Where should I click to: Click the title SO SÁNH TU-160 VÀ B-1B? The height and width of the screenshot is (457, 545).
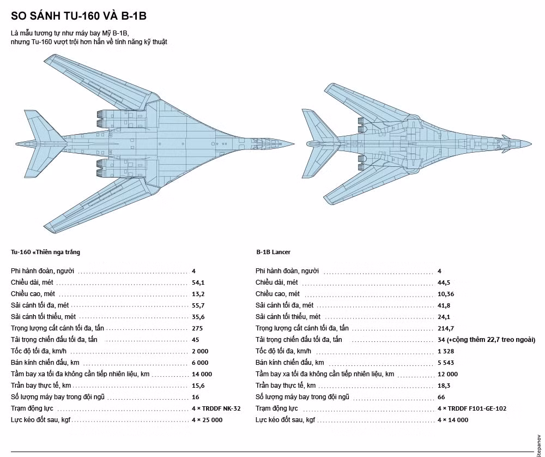[78, 16]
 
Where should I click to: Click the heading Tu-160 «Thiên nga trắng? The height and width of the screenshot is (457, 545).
[45, 252]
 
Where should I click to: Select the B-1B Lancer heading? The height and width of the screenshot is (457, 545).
[273, 252]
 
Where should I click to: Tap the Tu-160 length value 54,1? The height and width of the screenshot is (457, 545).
[198, 282]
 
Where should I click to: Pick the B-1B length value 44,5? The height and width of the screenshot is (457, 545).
[444, 282]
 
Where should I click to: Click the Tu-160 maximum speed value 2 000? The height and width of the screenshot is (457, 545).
[200, 351]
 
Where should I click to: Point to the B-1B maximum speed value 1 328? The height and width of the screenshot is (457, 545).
[446, 351]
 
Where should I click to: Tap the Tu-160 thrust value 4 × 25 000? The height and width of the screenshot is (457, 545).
[207, 420]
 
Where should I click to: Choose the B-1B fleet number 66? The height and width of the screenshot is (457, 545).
[441, 397]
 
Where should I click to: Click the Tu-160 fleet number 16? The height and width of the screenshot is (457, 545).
[195, 397]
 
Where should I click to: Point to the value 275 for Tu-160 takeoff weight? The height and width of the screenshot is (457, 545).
[197, 328]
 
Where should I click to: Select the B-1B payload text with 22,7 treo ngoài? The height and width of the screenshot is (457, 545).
[486, 340]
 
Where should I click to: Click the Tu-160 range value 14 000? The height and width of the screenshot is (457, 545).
[202, 374]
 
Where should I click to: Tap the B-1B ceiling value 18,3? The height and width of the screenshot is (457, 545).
[443, 386]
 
